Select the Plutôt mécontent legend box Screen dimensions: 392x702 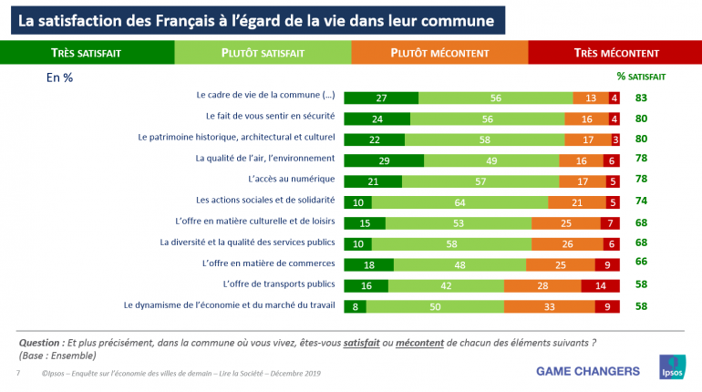click(x=439, y=53)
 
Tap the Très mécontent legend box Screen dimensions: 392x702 click(x=616, y=53)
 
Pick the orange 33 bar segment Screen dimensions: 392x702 click(x=551, y=306)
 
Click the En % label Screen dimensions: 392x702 click(x=59, y=77)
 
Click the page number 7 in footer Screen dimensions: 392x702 click(x=18, y=374)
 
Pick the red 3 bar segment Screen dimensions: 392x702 click(x=616, y=139)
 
